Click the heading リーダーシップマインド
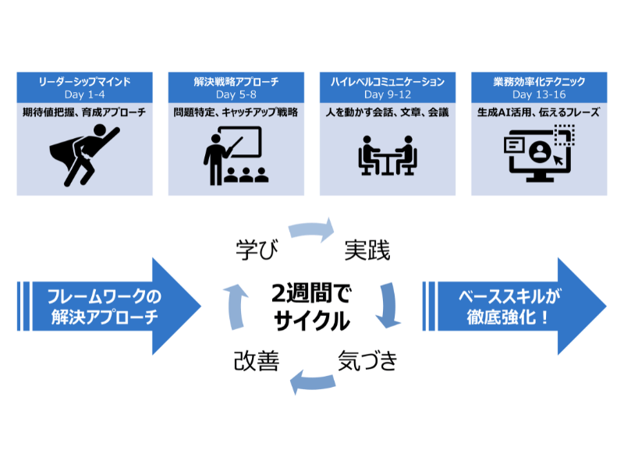pos(84,81)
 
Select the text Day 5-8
pos(236,94)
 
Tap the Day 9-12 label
pos(387,94)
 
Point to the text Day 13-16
pos(538,94)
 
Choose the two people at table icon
pos(387,154)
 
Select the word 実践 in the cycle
pos(367,250)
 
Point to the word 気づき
pos(367,361)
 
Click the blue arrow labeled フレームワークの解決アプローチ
pos(109,307)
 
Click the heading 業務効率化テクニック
pos(538,81)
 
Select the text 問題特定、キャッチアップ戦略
pos(236,112)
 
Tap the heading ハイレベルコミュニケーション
pos(387,81)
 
